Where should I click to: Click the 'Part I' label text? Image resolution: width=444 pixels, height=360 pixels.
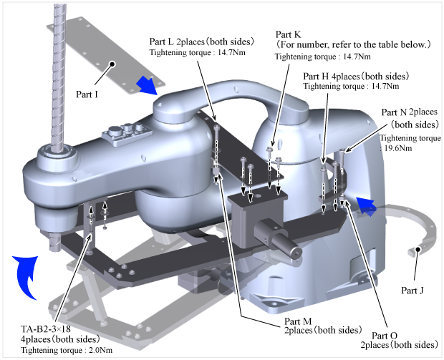click(87, 94)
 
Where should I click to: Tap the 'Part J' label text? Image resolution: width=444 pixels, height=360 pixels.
click(412, 291)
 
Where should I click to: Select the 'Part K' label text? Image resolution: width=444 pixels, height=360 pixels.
click(289, 34)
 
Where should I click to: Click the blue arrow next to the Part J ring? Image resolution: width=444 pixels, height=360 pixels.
click(367, 207)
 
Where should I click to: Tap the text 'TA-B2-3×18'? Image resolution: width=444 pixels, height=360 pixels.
click(46, 329)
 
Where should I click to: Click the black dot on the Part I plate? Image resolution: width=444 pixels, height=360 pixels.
click(112, 64)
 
